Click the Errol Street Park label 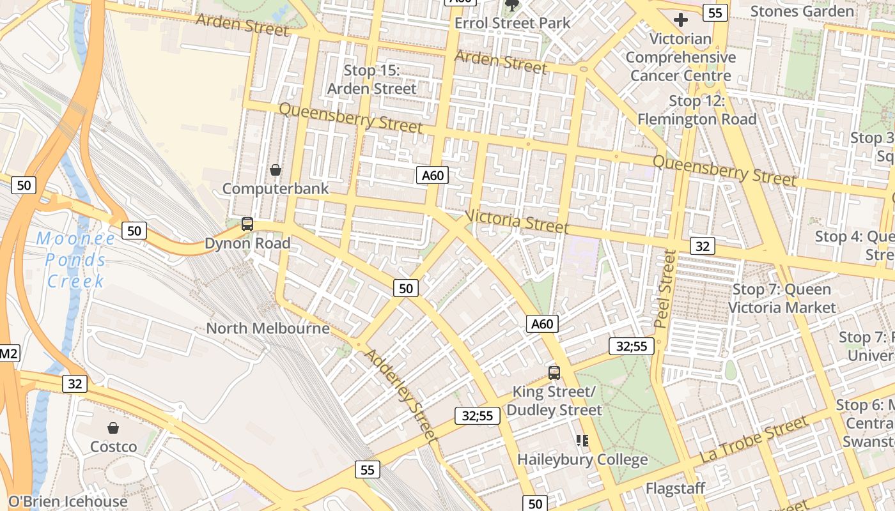[x=512, y=23]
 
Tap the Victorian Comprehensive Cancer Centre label [x=680, y=57]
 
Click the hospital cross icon [x=681, y=20]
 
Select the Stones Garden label [x=802, y=11]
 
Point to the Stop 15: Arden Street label [x=371, y=79]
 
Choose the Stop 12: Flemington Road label [x=697, y=110]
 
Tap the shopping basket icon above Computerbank [x=276, y=170]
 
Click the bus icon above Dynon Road [x=247, y=224]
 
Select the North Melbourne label [x=268, y=328]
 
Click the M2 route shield [x=8, y=353]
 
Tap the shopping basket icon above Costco [x=113, y=428]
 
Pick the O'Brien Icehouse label [x=68, y=502]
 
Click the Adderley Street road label [x=402, y=396]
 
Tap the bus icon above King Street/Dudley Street [x=554, y=372]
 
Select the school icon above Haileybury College [x=582, y=440]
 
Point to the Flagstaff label [x=675, y=489]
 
